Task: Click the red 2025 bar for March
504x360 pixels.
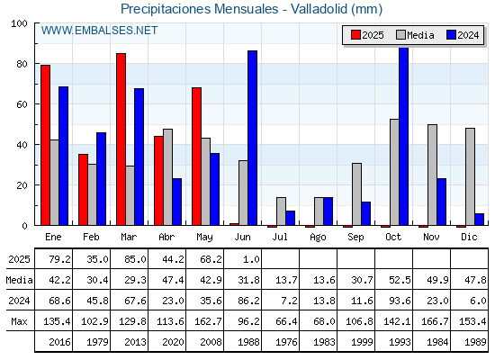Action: tap(121, 139)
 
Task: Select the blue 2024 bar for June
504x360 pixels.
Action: tap(252, 138)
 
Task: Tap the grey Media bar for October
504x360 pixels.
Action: tap(394, 172)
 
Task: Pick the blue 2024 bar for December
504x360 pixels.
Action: tap(479, 220)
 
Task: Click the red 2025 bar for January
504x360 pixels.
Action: tap(45, 145)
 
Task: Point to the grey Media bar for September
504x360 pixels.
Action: tap(356, 194)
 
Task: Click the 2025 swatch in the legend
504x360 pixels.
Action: tap(355, 35)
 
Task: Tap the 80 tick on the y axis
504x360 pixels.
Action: tap(22, 64)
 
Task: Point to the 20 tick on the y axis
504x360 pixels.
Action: tap(22, 185)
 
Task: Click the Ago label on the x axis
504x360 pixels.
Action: tap(318, 238)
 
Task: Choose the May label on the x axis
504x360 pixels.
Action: tap(204, 238)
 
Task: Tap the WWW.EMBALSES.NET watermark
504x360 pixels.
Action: tap(99, 31)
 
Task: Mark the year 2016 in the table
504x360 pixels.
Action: tap(59, 342)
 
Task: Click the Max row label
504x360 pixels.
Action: tap(19, 321)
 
